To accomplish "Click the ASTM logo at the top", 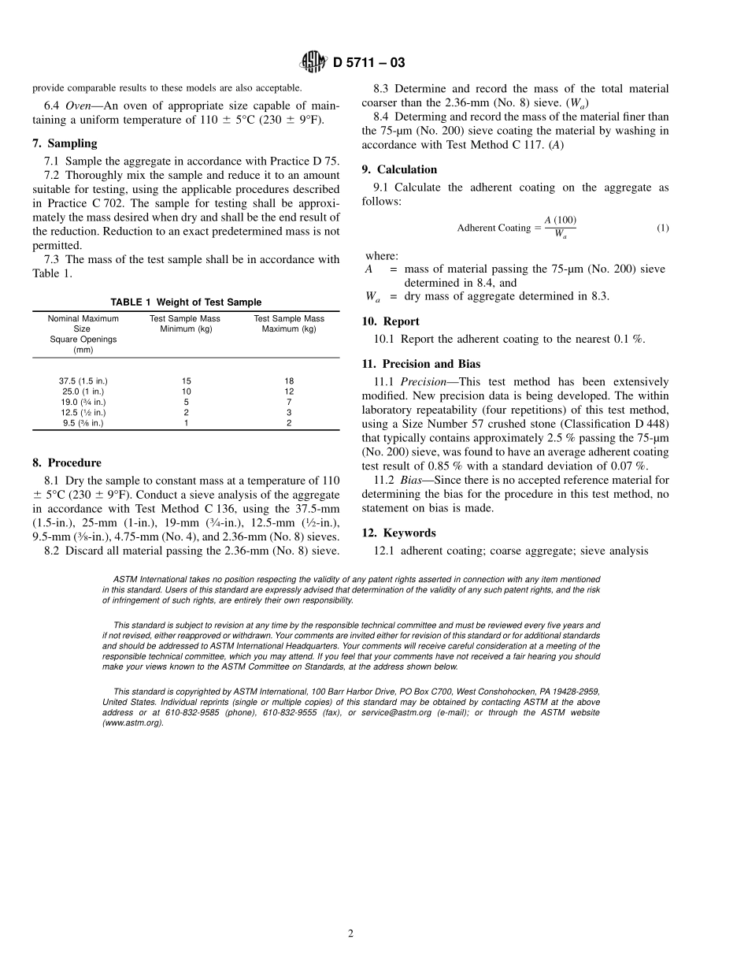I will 314,62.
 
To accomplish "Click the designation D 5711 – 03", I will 368,63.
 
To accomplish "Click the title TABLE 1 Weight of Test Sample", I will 186,303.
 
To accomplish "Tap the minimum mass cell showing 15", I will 186,381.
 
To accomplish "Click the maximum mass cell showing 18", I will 289,381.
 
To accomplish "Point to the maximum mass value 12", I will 289,392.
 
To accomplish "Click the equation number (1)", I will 663,228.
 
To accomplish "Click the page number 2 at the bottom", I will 351,934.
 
